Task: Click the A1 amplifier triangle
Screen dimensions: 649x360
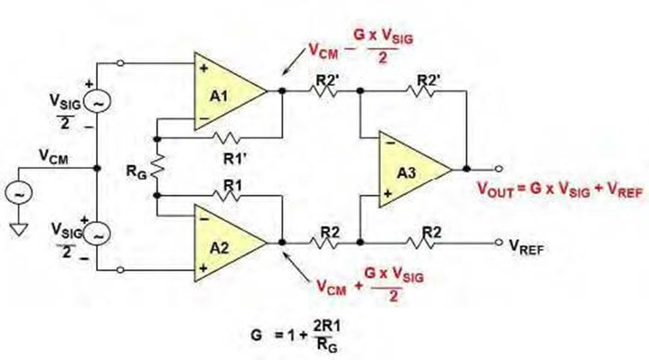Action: tap(226, 91)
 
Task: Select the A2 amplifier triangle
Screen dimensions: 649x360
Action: tap(226, 243)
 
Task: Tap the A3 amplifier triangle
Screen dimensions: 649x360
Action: tap(410, 169)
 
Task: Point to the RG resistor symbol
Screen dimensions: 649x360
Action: tap(158, 167)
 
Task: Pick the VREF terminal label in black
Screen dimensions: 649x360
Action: tap(526, 247)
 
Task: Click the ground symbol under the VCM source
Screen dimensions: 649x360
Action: tap(18, 229)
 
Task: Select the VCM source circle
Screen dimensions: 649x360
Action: tap(19, 193)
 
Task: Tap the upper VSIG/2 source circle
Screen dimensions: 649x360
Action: tap(97, 102)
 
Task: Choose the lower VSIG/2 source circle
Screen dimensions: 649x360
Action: tap(97, 234)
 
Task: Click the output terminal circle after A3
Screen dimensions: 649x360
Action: tap(499, 169)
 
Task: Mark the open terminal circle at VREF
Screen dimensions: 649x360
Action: tap(499, 242)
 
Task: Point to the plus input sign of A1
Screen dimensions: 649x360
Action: tap(203, 68)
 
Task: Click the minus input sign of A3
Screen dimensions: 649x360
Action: tap(389, 144)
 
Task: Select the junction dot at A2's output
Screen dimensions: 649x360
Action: tap(282, 242)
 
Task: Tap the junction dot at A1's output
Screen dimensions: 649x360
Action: tap(282, 90)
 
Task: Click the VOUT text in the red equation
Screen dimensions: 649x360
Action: tap(495, 190)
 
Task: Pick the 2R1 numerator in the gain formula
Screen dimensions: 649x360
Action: tap(327, 326)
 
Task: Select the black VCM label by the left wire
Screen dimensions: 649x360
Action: tap(53, 157)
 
